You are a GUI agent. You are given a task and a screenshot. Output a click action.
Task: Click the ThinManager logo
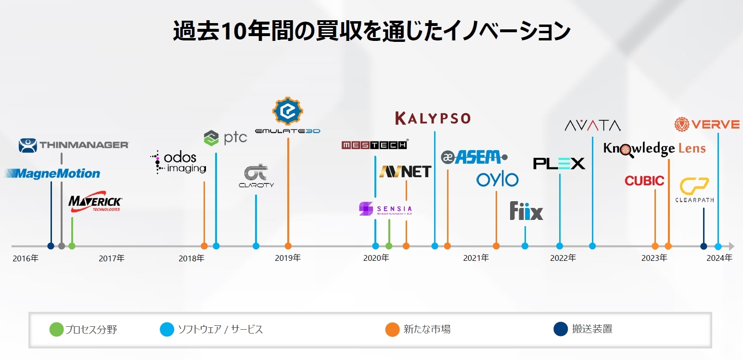coord(74,145)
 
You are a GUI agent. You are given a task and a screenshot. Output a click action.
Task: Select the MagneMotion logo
coord(53,173)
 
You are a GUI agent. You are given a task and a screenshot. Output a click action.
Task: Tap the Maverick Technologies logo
coord(95,204)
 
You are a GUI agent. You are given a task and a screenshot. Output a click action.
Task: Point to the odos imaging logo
coord(178,162)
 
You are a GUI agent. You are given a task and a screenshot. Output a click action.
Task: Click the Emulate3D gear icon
coord(288,111)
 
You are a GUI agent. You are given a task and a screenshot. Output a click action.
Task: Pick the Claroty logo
coord(256,176)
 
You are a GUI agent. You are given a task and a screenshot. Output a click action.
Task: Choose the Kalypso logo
coord(433,118)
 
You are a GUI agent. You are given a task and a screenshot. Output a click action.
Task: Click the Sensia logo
coord(385,209)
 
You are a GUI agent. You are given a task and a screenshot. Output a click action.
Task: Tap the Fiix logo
coord(526,211)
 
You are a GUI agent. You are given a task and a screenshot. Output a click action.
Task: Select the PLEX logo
coord(559,164)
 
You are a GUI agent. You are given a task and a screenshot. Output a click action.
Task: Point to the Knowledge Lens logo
coord(654,149)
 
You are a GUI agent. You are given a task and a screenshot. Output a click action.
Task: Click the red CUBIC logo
coord(644,181)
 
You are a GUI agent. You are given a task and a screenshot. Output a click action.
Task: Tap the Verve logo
coord(706,125)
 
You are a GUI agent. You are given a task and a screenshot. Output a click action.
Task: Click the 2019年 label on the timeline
coord(288,258)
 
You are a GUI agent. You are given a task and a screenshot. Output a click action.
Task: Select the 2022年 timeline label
coord(563,258)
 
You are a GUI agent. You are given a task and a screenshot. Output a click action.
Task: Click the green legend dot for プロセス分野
coord(56,330)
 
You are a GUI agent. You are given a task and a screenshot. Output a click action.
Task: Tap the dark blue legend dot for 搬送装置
coord(561,330)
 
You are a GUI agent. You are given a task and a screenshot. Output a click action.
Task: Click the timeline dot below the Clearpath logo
coord(704,246)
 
